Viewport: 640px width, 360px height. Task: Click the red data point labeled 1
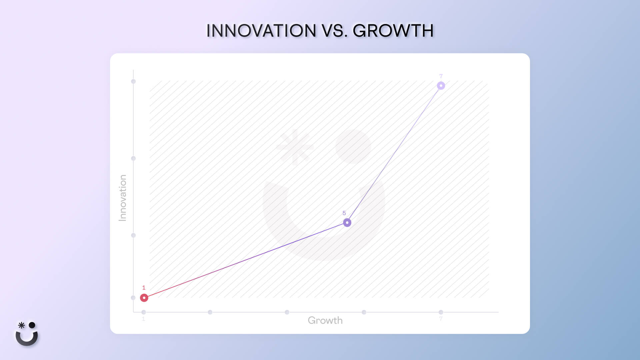(x=144, y=298)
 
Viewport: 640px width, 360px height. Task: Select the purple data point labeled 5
(x=347, y=222)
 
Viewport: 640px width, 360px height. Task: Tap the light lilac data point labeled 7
(x=441, y=86)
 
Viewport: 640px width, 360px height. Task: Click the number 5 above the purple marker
(x=344, y=213)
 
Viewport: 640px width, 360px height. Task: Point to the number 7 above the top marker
(x=441, y=76)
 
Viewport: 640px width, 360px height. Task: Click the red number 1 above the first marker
(x=144, y=288)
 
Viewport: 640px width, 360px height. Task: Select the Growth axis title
(x=325, y=320)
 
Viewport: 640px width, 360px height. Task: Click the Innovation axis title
(x=123, y=198)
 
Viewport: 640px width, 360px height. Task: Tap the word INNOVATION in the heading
(x=261, y=31)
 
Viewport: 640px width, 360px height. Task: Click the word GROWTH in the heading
(x=393, y=31)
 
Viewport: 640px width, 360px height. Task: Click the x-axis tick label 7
(x=441, y=319)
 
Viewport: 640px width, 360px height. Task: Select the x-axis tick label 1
(x=143, y=319)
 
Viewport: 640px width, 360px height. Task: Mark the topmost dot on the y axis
(x=133, y=81)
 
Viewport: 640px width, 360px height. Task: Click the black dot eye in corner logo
(x=32, y=325)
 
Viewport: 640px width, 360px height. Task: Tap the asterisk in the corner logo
(x=21, y=325)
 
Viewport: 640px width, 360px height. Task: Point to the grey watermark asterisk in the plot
(x=295, y=147)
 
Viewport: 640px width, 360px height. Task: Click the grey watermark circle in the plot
(x=353, y=146)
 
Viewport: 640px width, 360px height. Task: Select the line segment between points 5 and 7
(x=394, y=154)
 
